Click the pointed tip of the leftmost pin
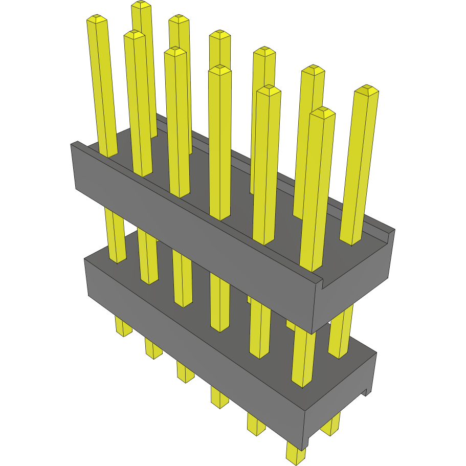click(x=97, y=19)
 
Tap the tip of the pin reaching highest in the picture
click(x=141, y=5)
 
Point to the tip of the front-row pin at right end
click(x=322, y=112)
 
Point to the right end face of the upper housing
click(x=353, y=286)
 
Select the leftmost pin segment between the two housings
click(x=116, y=235)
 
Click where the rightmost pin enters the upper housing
click(x=352, y=240)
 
